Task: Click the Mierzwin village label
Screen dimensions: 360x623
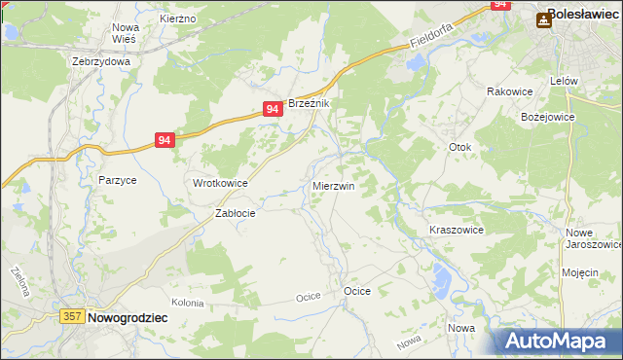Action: point(333,185)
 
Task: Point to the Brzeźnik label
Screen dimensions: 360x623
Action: point(311,104)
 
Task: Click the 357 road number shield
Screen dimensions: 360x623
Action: point(71,316)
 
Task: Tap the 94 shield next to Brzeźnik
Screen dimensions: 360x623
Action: point(274,111)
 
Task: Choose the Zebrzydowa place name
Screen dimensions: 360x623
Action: point(101,60)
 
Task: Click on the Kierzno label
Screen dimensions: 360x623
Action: point(178,18)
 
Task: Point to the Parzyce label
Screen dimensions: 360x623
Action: point(117,180)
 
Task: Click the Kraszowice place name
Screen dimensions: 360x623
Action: point(457,230)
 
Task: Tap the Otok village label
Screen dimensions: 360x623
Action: point(459,148)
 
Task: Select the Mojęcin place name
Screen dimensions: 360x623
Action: point(579,272)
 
